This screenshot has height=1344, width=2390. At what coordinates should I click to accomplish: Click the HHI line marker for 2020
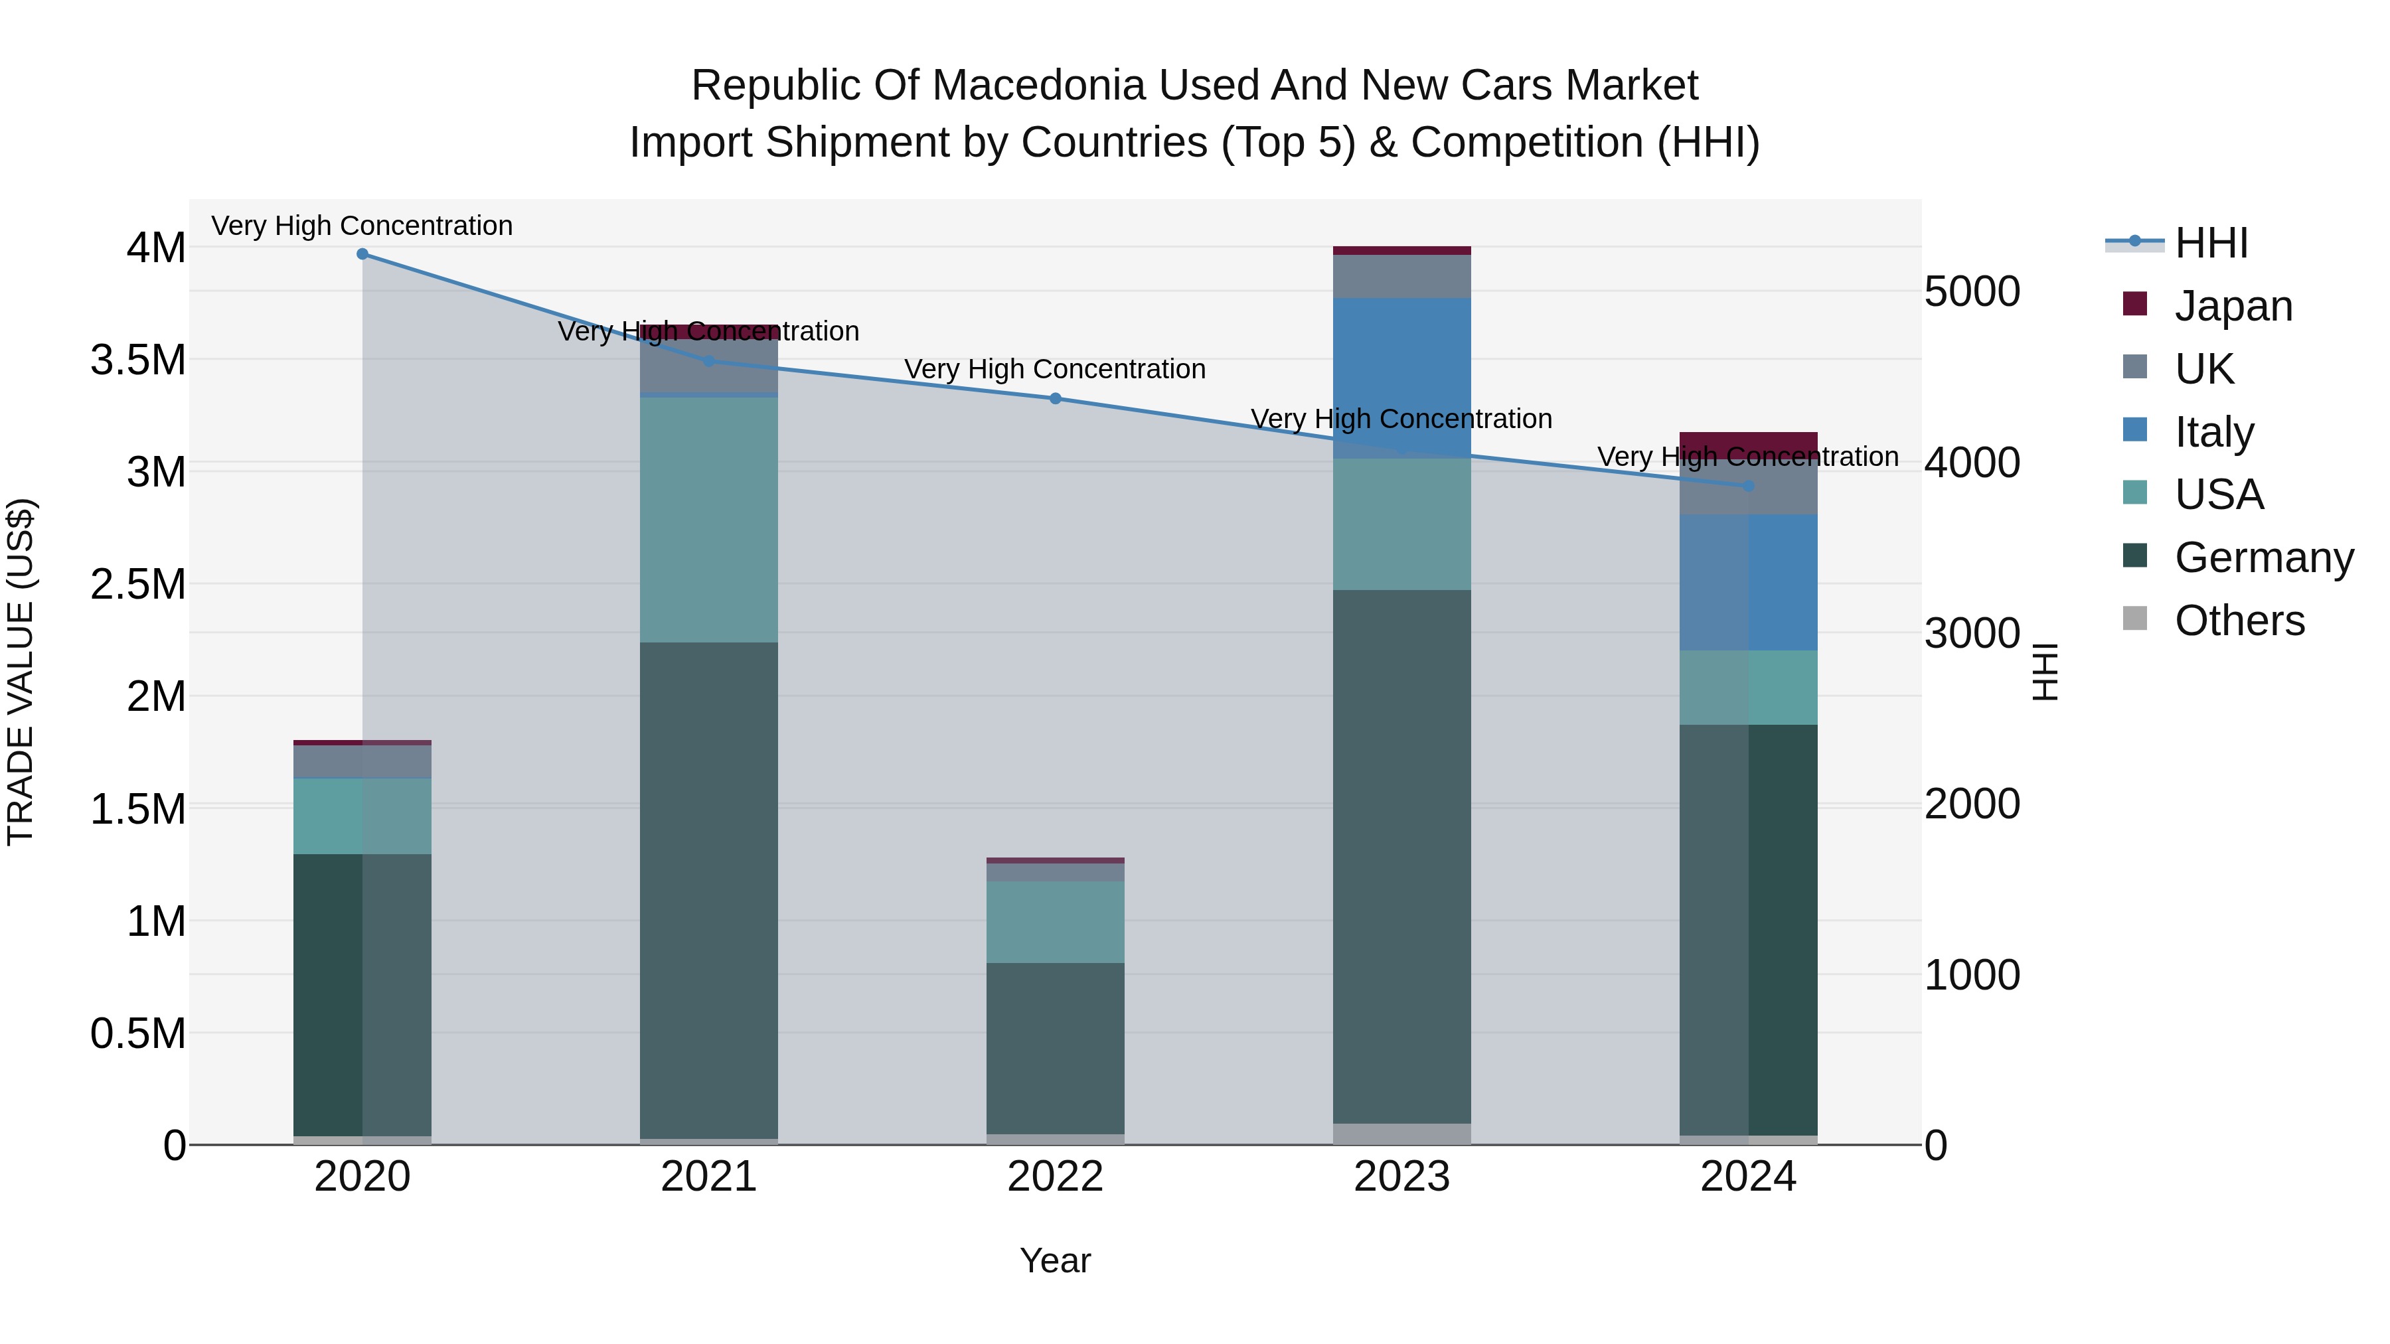[362, 254]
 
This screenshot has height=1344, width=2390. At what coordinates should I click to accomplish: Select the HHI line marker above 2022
[1055, 399]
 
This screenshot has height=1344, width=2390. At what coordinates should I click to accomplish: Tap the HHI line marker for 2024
[1748, 486]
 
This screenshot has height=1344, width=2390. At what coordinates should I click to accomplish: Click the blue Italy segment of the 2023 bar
[1402, 378]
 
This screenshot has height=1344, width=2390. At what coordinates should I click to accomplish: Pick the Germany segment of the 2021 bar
[709, 891]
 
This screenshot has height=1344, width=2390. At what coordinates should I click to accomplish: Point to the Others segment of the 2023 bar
[1402, 1134]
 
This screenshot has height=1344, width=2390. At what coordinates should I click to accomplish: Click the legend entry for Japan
[2231, 306]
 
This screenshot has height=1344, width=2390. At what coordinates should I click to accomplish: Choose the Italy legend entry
[2213, 432]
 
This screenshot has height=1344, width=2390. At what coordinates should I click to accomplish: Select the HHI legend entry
[2210, 243]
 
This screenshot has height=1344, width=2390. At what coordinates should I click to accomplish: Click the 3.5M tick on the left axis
[138, 360]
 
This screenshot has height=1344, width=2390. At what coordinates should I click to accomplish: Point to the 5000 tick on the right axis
[1972, 291]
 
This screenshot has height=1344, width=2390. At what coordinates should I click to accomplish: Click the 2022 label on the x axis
[1055, 1177]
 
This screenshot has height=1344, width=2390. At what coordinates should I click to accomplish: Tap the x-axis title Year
[1055, 1260]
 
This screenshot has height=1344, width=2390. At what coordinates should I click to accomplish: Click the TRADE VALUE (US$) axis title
[21, 672]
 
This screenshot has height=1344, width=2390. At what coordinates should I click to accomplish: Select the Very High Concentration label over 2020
[362, 226]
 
